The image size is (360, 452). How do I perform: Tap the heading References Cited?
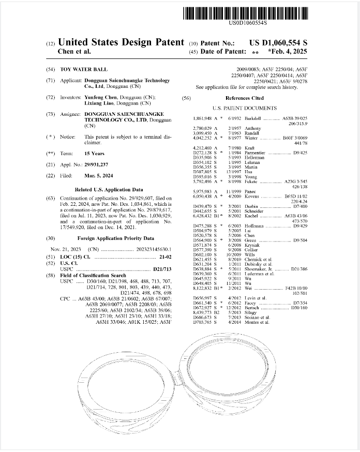pyautogui.click(x=244, y=98)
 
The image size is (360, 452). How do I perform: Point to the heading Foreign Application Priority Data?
pyautogui.click(x=115, y=238)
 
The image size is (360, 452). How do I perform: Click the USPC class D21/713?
pyautogui.click(x=162, y=269)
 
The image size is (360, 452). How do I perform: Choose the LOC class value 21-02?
pyautogui.click(x=164, y=257)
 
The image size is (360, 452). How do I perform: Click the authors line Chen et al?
pyautogui.click(x=74, y=52)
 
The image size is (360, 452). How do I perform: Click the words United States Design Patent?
pyautogui.click(x=121, y=42)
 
